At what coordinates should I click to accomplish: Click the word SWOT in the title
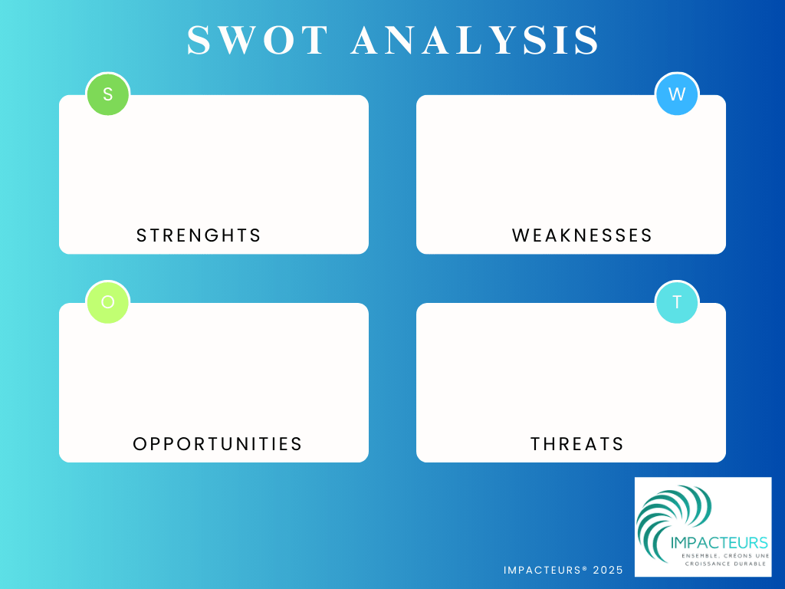click(x=258, y=40)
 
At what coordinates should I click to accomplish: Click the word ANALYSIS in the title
click(x=475, y=40)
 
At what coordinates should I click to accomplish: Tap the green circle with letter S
click(x=108, y=94)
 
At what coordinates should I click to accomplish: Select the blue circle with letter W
click(x=677, y=94)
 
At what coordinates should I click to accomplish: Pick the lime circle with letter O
click(x=108, y=302)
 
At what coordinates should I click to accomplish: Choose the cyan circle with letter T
click(x=677, y=302)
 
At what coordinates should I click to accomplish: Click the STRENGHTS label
click(x=199, y=235)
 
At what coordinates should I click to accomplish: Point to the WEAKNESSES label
click(x=583, y=235)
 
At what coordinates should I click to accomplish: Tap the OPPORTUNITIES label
click(x=218, y=444)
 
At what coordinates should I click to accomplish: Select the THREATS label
click(x=577, y=444)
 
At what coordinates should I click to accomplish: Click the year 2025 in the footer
click(x=608, y=570)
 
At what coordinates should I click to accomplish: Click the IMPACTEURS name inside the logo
click(x=719, y=542)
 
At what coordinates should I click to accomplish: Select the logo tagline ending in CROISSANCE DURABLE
click(x=725, y=560)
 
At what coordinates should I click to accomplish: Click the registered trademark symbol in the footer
click(x=585, y=568)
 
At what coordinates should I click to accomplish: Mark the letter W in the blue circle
click(x=677, y=94)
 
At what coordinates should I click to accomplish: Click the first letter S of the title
click(x=199, y=40)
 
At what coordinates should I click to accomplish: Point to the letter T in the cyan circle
click(x=677, y=302)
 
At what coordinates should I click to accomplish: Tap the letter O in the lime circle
click(x=108, y=302)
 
